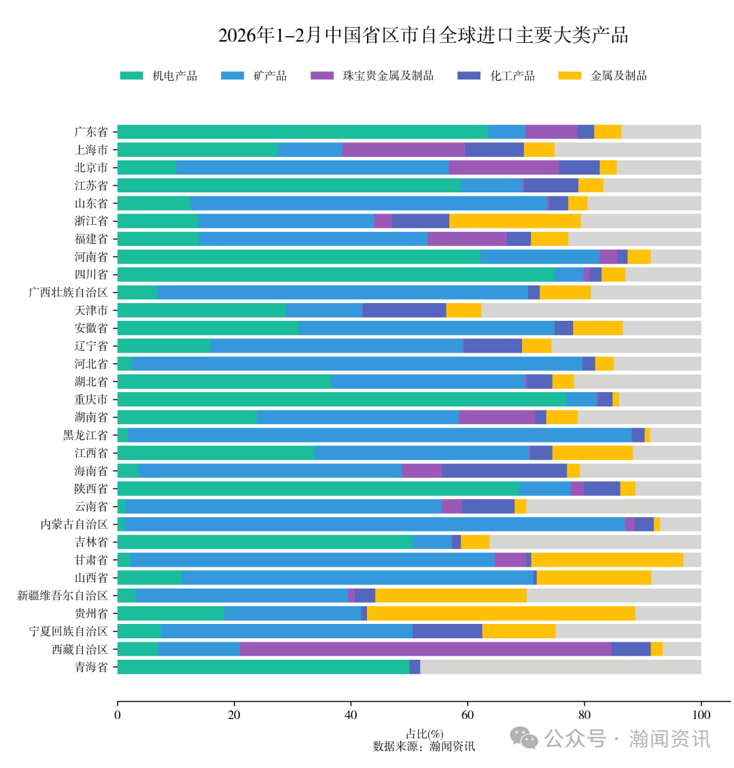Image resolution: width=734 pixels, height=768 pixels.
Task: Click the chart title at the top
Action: pos(423,35)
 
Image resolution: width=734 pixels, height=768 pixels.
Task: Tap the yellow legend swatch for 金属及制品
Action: pos(569,75)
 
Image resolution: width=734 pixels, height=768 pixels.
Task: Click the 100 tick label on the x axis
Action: pos(701,714)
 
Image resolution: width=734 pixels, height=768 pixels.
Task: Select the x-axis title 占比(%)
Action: pos(424,734)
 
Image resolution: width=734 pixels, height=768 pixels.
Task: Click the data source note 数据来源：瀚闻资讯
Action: pos(424,746)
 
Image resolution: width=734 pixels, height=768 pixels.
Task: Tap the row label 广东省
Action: pos(91,132)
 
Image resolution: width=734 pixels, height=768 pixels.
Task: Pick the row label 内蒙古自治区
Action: pos(74,524)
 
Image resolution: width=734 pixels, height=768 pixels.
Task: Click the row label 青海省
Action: pos(91,667)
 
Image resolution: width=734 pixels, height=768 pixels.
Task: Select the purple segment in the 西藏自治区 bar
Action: pos(425,649)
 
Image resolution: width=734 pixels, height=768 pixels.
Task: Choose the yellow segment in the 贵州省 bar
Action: pos(501,613)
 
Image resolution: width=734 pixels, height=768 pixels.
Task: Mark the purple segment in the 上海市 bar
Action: pos(403,150)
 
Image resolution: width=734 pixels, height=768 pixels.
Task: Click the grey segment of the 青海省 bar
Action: pos(561,667)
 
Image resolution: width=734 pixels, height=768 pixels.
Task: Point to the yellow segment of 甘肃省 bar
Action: pos(607,559)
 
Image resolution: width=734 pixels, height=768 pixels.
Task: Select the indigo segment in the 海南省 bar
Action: pos(504,470)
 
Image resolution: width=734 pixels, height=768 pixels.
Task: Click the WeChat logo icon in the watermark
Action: pos(523,738)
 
